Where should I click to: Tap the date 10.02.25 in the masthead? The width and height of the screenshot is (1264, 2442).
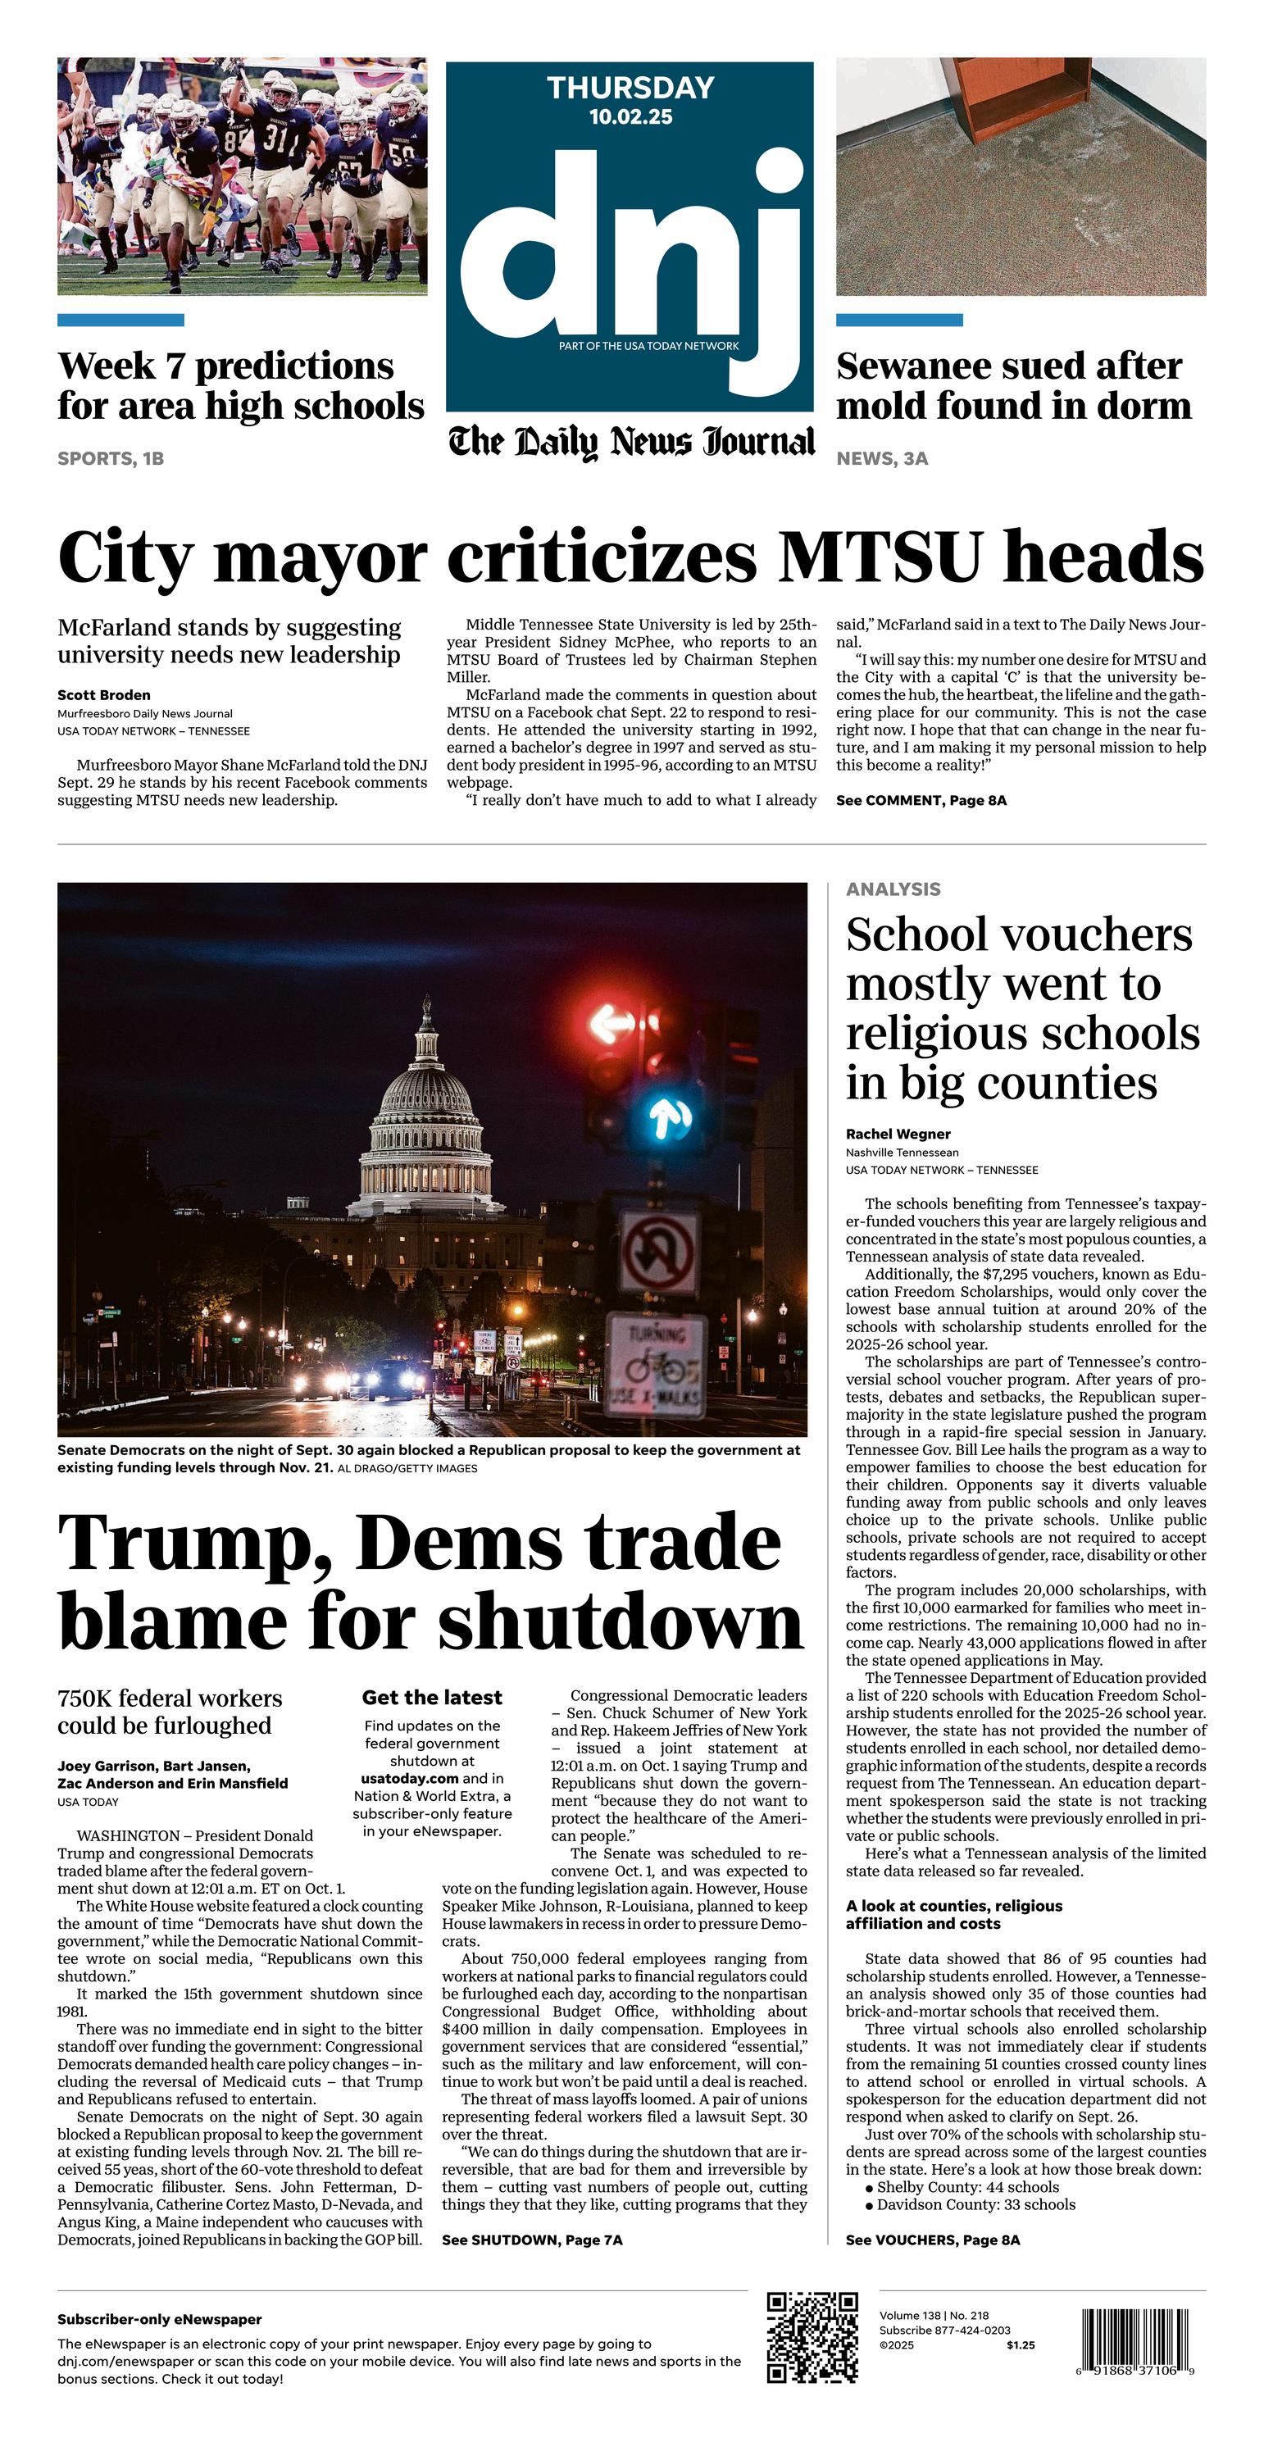(630, 116)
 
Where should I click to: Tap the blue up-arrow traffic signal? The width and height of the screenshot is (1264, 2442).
(670, 1121)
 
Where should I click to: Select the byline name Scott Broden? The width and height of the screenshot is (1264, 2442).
(103, 695)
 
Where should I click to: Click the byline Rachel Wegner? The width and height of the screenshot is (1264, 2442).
(898, 1134)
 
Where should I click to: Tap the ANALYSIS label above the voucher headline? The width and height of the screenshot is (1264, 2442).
(893, 889)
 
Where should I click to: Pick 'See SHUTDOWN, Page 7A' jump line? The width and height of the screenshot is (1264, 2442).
(532, 2240)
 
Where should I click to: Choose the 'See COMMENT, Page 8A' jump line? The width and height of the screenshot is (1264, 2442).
(921, 800)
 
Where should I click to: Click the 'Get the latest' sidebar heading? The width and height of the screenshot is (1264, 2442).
(431, 1697)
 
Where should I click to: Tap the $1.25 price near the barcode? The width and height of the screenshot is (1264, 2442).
(1021, 2345)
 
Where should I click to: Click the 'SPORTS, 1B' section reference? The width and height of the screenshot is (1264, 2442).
(110, 459)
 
